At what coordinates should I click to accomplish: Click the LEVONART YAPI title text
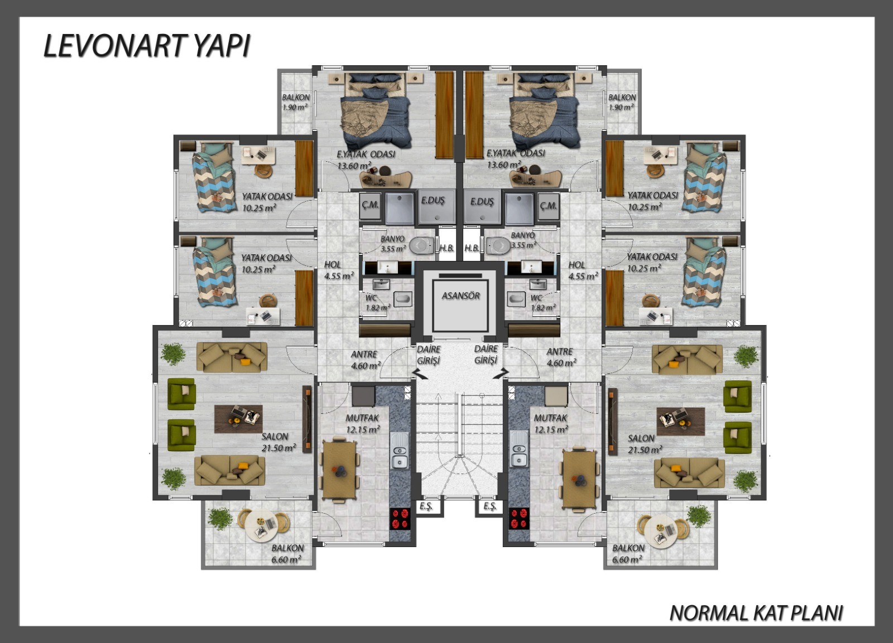click(x=146, y=46)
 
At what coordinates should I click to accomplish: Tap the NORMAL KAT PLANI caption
click(x=756, y=613)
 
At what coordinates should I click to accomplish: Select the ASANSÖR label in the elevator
click(x=460, y=296)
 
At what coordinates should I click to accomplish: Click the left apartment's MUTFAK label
click(x=362, y=418)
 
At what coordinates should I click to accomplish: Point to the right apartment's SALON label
click(x=641, y=438)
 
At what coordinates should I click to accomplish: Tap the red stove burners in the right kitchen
click(x=518, y=518)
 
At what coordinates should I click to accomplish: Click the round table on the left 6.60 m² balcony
click(x=261, y=525)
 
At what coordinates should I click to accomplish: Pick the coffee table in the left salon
click(x=238, y=419)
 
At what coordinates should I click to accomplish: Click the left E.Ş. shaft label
click(x=426, y=507)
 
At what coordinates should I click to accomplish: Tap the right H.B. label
click(x=472, y=248)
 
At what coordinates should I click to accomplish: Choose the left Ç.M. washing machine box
click(x=370, y=206)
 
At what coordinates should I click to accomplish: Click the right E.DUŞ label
click(x=482, y=202)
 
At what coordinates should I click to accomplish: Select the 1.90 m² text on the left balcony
click(x=295, y=107)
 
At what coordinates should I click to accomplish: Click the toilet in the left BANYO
click(x=422, y=245)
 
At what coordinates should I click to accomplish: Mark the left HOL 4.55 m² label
click(x=338, y=270)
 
